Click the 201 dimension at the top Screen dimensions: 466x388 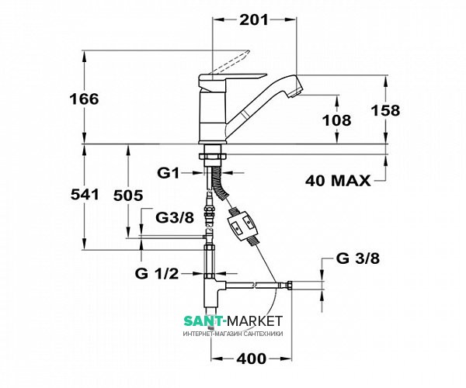254,20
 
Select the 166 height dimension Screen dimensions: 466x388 84,99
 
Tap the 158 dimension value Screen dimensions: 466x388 386,110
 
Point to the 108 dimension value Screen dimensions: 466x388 337,120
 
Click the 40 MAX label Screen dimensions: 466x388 338,181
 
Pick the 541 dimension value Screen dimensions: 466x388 85,195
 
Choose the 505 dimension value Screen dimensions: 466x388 129,196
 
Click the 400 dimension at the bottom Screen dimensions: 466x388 252,359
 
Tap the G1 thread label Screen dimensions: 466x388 169,173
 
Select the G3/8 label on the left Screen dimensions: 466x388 175,218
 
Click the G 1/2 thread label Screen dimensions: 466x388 157,273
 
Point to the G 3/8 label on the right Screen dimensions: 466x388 358,258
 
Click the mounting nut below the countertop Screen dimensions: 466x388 213,157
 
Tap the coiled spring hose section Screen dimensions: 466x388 220,183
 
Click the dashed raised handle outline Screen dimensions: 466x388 230,63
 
